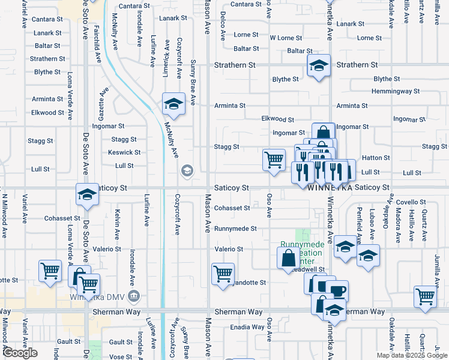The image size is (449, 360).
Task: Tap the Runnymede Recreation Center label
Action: pyautogui.click(x=303, y=254)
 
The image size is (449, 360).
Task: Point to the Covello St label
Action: pyautogui.click(x=411, y=203)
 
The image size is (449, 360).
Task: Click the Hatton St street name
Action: pyautogui.click(x=376, y=158)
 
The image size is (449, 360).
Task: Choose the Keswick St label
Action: pyautogui.click(x=124, y=152)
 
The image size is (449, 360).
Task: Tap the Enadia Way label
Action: pyautogui.click(x=248, y=327)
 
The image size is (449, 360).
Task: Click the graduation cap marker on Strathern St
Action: pyautogui.click(x=319, y=66)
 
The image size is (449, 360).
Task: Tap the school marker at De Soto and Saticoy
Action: pyautogui.click(x=87, y=194)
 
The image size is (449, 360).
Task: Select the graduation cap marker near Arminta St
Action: pyautogui.click(x=173, y=104)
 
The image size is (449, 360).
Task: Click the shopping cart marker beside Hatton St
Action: pyautogui.click(x=274, y=160)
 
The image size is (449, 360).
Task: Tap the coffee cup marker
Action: pyautogui.click(x=337, y=291)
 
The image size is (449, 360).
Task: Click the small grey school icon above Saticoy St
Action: pyautogui.click(x=187, y=171)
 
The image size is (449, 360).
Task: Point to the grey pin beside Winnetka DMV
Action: pyautogui.click(x=134, y=295)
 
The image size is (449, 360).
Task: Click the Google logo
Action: pyautogui.click(x=20, y=353)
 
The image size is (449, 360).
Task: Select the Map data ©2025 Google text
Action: pyautogui.click(x=412, y=355)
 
